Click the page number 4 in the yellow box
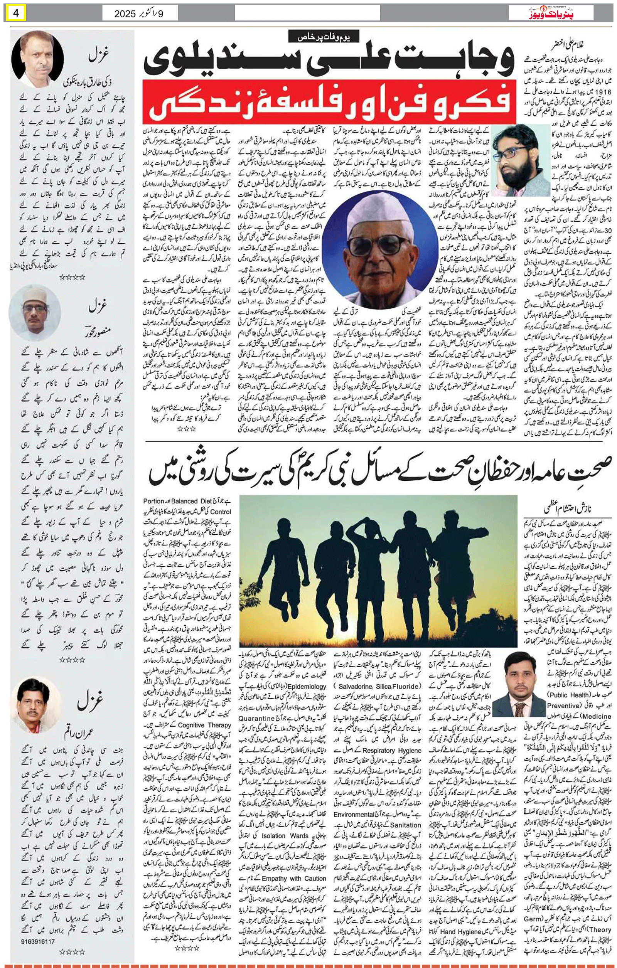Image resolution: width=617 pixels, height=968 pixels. pos(16,13)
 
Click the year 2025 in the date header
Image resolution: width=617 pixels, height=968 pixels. pos(125,14)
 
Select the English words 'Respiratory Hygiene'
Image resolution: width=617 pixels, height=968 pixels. pos(392,750)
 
